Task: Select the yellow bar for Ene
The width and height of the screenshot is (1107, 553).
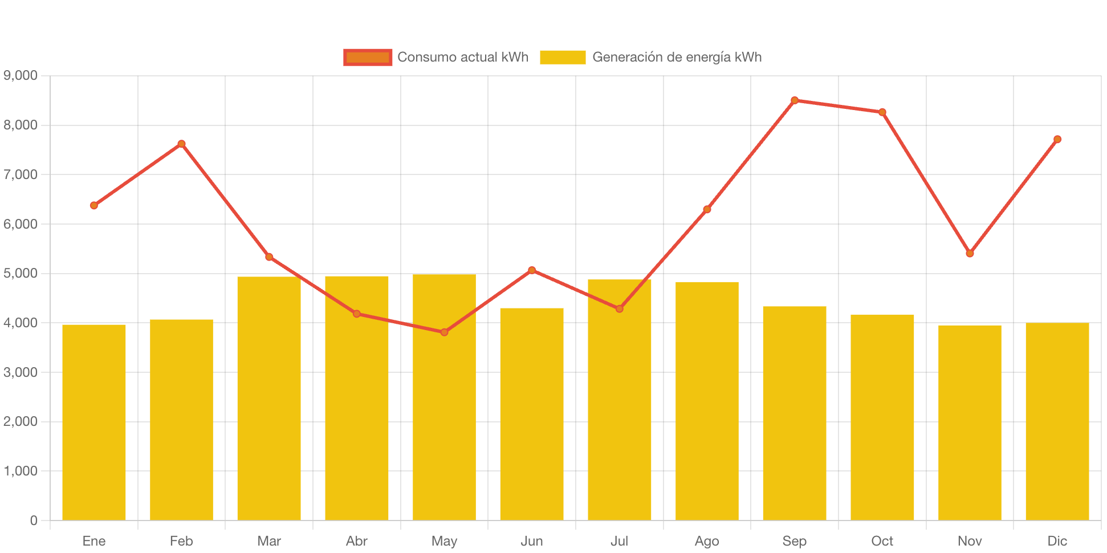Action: (x=94, y=422)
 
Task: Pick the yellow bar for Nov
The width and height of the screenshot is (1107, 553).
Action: (x=970, y=422)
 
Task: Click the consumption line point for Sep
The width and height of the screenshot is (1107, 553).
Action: (x=795, y=100)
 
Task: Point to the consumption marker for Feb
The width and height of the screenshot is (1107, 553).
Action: (x=181, y=144)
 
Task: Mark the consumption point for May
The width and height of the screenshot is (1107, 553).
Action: (x=444, y=332)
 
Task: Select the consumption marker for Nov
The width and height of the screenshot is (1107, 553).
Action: (x=970, y=253)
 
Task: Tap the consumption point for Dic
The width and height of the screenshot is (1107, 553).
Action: (x=1057, y=139)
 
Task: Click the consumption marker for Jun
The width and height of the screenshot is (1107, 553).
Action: (x=532, y=270)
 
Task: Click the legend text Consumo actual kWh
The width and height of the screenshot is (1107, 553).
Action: (x=463, y=57)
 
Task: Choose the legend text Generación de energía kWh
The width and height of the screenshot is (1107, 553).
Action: (x=677, y=57)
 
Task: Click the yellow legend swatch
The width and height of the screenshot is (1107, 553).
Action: (x=563, y=57)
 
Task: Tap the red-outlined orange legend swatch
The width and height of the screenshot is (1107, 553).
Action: (x=368, y=57)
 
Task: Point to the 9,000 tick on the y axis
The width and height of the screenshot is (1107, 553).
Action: (x=21, y=75)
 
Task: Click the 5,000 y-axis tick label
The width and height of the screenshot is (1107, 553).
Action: (x=21, y=273)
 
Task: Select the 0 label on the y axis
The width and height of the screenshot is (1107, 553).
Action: (x=34, y=520)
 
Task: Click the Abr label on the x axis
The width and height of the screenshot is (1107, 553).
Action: (x=357, y=540)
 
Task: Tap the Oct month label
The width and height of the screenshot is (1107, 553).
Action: (x=882, y=540)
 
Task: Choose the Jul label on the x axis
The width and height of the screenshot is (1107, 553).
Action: (x=619, y=540)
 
